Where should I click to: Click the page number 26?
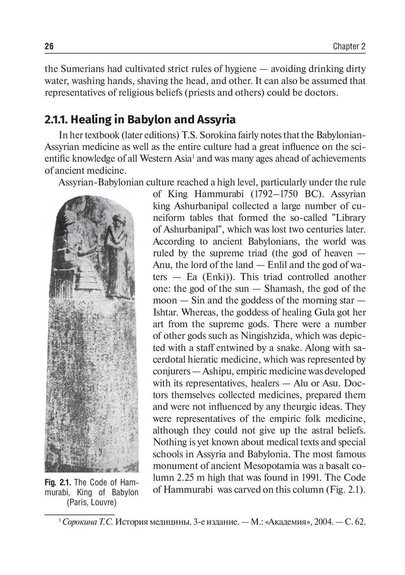pyautogui.click(x=49, y=46)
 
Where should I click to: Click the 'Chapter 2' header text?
pyautogui.click(x=349, y=46)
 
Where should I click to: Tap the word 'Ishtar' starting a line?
pyautogui.click(x=164, y=312)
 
